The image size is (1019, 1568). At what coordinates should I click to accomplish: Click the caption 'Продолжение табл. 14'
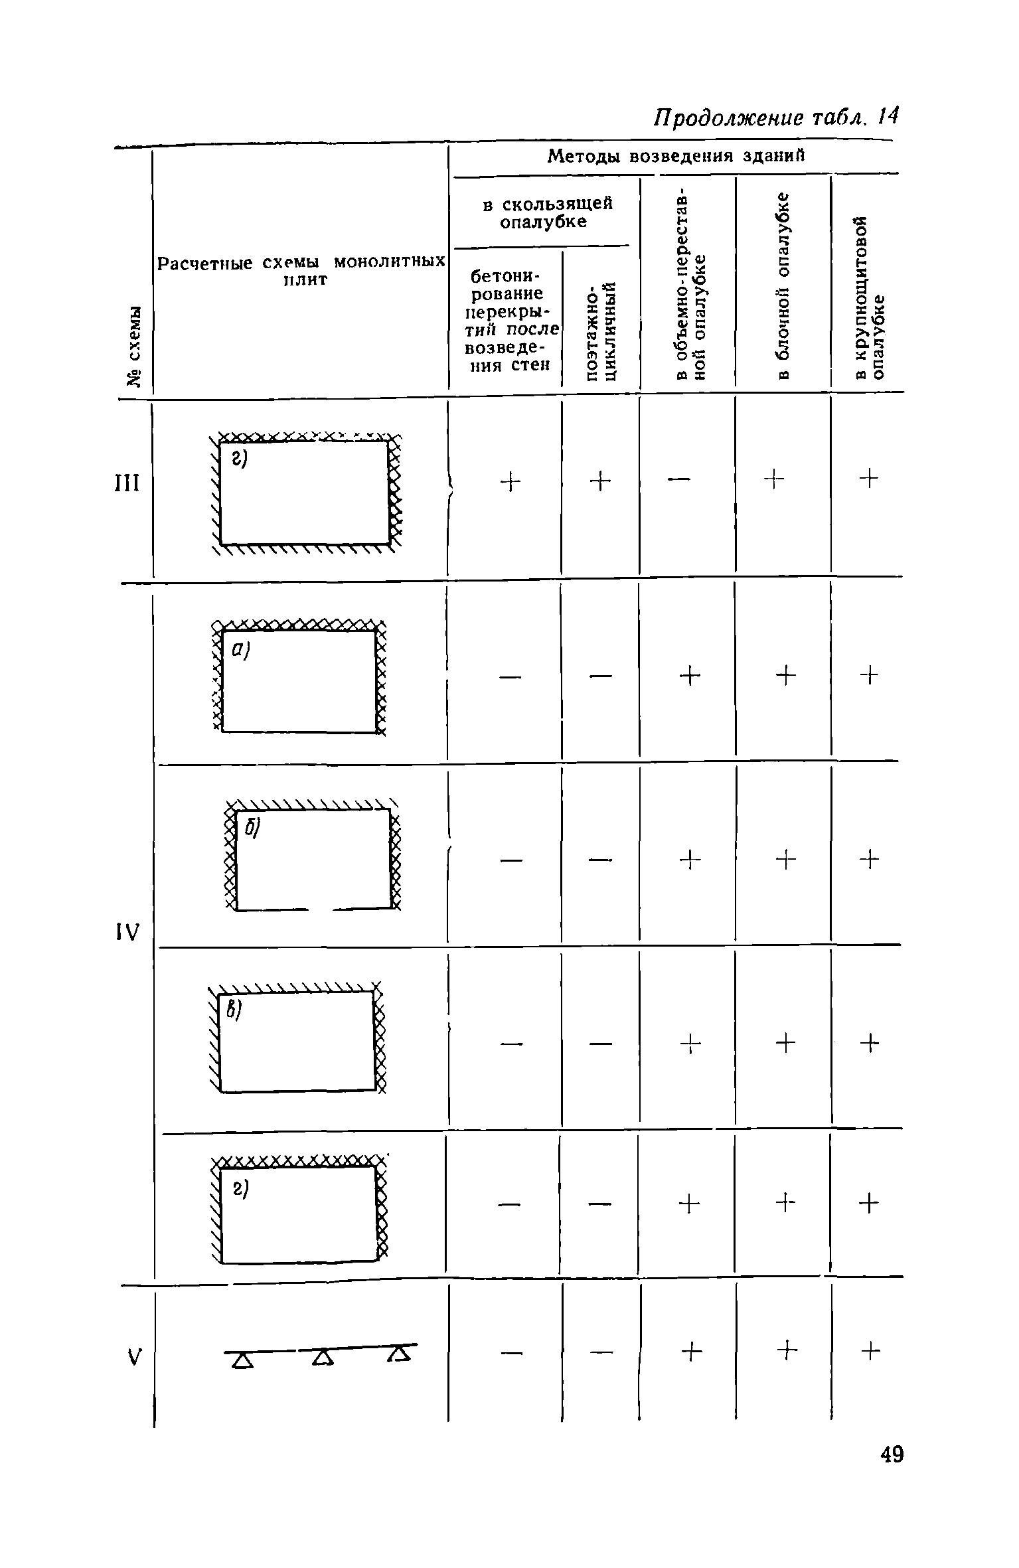[775, 118]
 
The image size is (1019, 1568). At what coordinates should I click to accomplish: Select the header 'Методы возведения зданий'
[675, 157]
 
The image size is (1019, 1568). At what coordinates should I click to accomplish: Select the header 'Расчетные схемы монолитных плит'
[301, 270]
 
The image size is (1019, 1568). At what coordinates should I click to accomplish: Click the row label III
[128, 483]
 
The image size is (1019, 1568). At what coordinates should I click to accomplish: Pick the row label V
[135, 1358]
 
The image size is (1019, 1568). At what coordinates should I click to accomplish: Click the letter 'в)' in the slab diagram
[233, 1012]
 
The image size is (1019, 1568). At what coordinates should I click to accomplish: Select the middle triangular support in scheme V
[322, 1358]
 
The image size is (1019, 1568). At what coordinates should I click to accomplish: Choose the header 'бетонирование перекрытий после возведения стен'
[507, 320]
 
